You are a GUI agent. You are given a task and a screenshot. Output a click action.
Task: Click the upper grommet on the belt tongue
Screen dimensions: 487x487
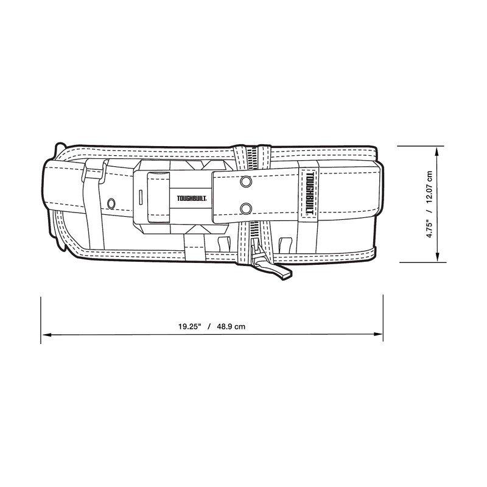pos(245,182)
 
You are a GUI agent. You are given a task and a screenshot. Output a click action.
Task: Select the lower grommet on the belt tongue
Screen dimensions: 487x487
pos(245,209)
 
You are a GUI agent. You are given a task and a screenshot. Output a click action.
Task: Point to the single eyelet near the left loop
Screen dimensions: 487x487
pos(111,202)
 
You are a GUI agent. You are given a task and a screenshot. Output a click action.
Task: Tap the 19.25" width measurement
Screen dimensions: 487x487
pos(190,326)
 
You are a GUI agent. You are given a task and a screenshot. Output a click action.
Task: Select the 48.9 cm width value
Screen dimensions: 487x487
pos(233,326)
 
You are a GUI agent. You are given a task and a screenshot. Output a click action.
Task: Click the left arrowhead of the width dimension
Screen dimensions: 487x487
pos(46,335)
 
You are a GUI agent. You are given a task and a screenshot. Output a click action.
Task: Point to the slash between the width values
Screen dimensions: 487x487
pos(209,326)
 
